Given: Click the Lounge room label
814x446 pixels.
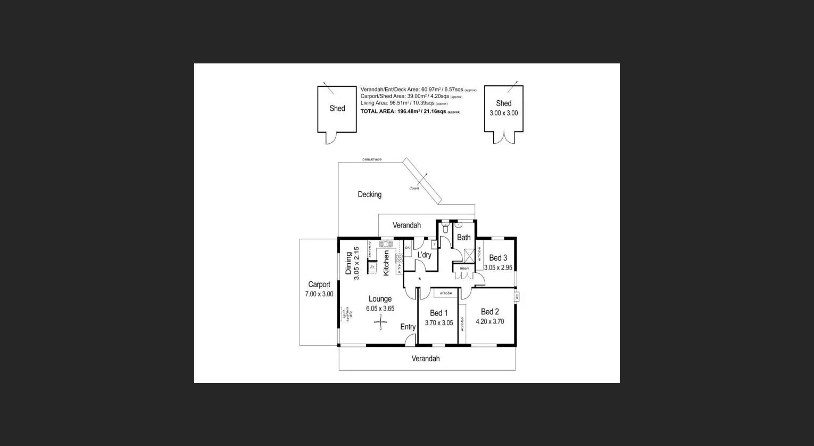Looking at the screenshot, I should click(x=380, y=299).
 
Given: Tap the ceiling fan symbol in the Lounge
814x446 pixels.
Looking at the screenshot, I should click(x=380, y=321).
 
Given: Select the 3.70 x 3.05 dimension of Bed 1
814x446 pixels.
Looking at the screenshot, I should click(x=438, y=323).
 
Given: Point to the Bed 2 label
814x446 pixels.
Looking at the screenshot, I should click(x=489, y=312).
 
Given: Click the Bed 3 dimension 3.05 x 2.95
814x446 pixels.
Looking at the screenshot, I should click(x=498, y=267).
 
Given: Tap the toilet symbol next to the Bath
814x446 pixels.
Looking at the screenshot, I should click(x=445, y=228).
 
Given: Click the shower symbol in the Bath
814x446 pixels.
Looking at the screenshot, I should click(x=469, y=254).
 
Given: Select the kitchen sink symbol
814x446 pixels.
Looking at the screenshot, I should click(x=385, y=244).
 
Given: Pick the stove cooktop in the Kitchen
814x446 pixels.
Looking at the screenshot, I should click(x=398, y=260).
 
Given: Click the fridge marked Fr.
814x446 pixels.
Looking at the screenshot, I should click(x=372, y=266).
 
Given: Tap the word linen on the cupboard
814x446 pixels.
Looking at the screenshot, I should click(x=464, y=268).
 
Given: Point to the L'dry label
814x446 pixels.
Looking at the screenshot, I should click(x=424, y=255).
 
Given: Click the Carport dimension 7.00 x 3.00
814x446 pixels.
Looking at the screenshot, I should click(x=319, y=294).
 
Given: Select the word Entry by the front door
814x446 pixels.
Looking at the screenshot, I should click(x=408, y=327).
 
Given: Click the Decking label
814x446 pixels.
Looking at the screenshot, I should click(x=369, y=194).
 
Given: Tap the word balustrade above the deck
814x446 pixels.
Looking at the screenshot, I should click(x=371, y=159).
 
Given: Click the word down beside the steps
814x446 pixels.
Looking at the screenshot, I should click(x=414, y=188).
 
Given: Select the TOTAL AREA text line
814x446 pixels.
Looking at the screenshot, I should click(x=410, y=111).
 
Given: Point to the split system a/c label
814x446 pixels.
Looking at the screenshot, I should click(x=346, y=314).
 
